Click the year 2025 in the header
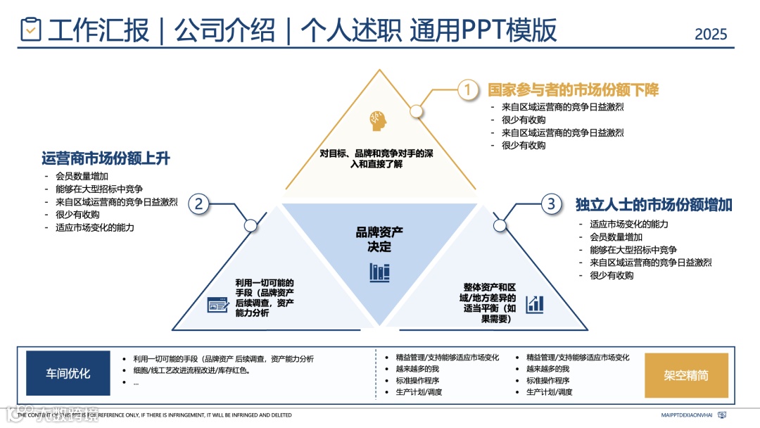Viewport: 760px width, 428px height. [x=711, y=33]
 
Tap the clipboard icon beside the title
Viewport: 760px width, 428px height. [x=31, y=30]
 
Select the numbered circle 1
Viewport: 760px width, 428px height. [x=468, y=89]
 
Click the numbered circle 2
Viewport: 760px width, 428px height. [x=199, y=204]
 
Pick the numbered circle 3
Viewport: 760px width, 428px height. [x=552, y=204]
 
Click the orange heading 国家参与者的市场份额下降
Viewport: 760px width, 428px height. [x=573, y=90]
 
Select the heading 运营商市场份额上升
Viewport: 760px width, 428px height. [x=106, y=158]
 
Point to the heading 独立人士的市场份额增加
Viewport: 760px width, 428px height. [x=654, y=205]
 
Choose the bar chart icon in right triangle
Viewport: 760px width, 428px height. [x=536, y=304]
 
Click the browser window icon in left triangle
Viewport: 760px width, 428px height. [x=217, y=305]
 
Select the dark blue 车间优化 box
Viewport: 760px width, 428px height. [x=68, y=374]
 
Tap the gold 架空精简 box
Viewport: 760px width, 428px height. [x=686, y=375]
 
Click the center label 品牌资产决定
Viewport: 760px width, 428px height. [x=379, y=239]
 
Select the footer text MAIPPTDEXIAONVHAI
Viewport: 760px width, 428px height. [x=687, y=415]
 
